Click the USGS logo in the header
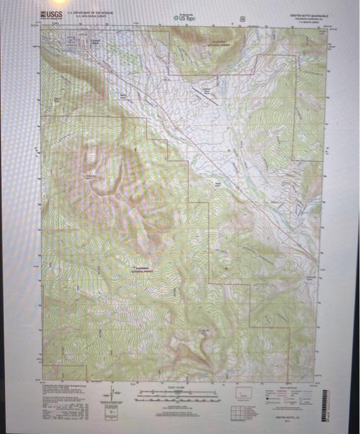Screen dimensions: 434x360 (x=51, y=14)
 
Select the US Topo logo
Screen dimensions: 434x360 (x=185, y=18)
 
